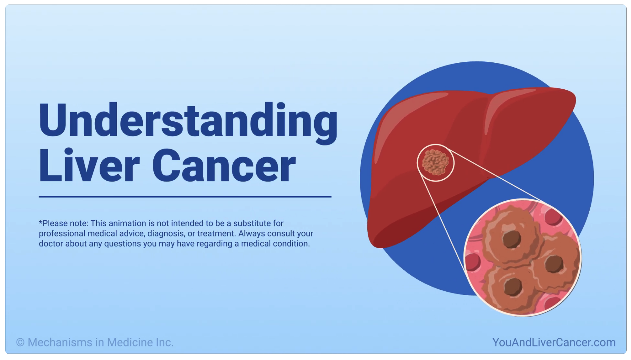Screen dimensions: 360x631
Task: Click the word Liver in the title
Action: tap(89, 166)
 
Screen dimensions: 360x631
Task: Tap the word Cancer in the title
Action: tap(224, 166)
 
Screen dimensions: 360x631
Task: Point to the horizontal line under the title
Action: tap(185, 197)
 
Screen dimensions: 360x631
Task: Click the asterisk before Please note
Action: tap(40, 222)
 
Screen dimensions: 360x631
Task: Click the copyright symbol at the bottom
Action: tap(20, 342)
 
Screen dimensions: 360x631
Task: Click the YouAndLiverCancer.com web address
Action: tap(553, 342)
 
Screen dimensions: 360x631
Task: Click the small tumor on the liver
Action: tap(435, 162)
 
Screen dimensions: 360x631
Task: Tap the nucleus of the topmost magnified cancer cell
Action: tap(511, 239)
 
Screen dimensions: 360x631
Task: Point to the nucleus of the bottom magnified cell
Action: tap(513, 287)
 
